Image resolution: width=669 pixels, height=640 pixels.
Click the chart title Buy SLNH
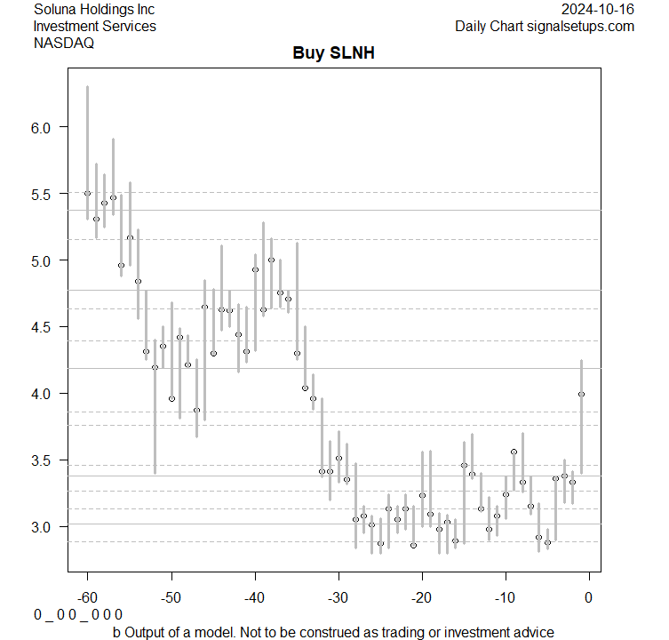[x=334, y=53]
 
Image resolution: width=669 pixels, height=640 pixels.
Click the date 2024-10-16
[x=599, y=10]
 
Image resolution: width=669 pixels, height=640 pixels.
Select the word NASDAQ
[x=64, y=43]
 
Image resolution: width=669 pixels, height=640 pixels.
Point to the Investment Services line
[x=95, y=27]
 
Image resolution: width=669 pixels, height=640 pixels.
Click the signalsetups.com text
[x=579, y=27]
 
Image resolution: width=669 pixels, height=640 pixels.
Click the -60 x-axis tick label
[x=88, y=596]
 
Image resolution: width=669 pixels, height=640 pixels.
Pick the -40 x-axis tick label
[x=255, y=596]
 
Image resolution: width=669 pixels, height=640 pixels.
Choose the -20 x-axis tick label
[x=422, y=596]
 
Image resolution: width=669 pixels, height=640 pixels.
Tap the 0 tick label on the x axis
[x=588, y=596]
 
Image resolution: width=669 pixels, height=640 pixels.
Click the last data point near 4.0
[x=581, y=394]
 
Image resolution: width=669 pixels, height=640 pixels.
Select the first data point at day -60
[x=87, y=193]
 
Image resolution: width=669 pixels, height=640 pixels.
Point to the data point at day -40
[x=255, y=269]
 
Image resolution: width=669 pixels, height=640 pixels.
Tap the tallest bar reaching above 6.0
[x=87, y=133]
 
